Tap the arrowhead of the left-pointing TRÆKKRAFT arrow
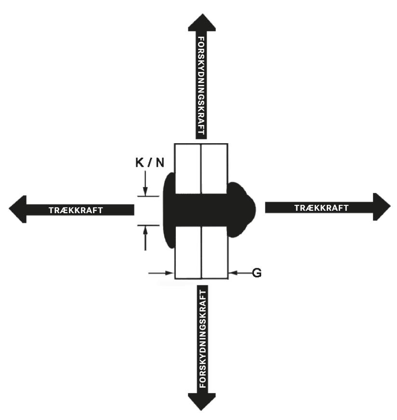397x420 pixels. (18, 209)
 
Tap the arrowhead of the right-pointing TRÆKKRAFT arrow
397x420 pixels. (381, 206)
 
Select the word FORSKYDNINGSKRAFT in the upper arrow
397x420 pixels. (201, 84)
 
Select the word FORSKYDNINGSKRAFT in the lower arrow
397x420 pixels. (201, 337)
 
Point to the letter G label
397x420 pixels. (257, 273)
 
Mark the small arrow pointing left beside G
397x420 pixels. (239, 273)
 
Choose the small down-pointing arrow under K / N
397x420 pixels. (145, 186)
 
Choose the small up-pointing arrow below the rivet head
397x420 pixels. (145, 237)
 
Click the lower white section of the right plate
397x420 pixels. (214, 253)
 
